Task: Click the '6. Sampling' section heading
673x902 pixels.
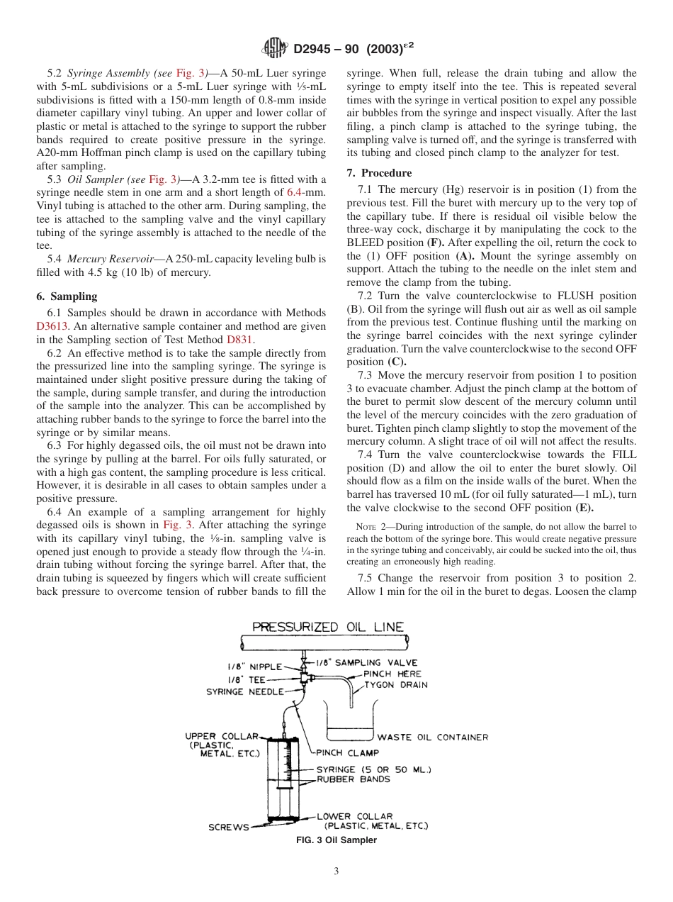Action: tap(67, 296)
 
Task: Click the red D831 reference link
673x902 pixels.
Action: tap(237, 340)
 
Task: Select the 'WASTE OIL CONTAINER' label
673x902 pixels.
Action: tap(432, 737)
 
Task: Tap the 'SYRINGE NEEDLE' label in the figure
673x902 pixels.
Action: tap(244, 691)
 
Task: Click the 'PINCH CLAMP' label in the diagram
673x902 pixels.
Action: tap(347, 753)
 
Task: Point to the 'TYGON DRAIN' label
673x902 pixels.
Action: tap(396, 685)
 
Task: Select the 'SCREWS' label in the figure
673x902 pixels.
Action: tap(228, 827)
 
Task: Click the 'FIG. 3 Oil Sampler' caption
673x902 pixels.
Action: tap(336, 840)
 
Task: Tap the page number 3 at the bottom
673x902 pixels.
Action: tap(336, 872)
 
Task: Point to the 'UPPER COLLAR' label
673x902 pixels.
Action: tap(222, 737)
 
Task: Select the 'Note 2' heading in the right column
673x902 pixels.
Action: tap(372, 528)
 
